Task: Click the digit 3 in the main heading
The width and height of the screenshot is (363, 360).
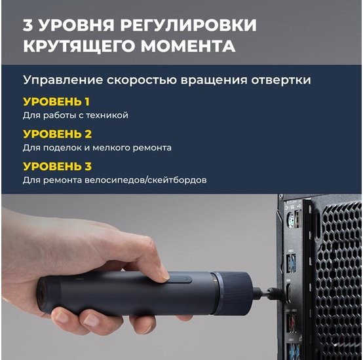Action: pyautogui.click(x=28, y=25)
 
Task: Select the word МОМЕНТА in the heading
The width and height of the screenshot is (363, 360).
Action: pyautogui.click(x=188, y=46)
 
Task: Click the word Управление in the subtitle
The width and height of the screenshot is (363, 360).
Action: pyautogui.click(x=63, y=81)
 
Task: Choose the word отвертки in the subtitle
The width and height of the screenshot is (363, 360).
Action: pyautogui.click(x=281, y=81)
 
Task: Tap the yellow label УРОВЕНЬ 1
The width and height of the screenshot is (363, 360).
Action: pyautogui.click(x=56, y=101)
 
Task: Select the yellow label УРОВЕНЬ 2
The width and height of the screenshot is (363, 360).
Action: pyautogui.click(x=58, y=134)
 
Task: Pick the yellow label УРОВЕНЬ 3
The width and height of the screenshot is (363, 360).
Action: pyautogui.click(x=58, y=166)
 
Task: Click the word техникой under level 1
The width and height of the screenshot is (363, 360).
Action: pyautogui.click(x=107, y=115)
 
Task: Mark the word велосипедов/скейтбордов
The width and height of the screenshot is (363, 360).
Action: pyautogui.click(x=145, y=180)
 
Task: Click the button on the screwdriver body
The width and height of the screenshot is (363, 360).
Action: pyautogui.click(x=180, y=279)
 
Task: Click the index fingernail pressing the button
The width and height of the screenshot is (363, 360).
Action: pyautogui.click(x=165, y=276)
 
